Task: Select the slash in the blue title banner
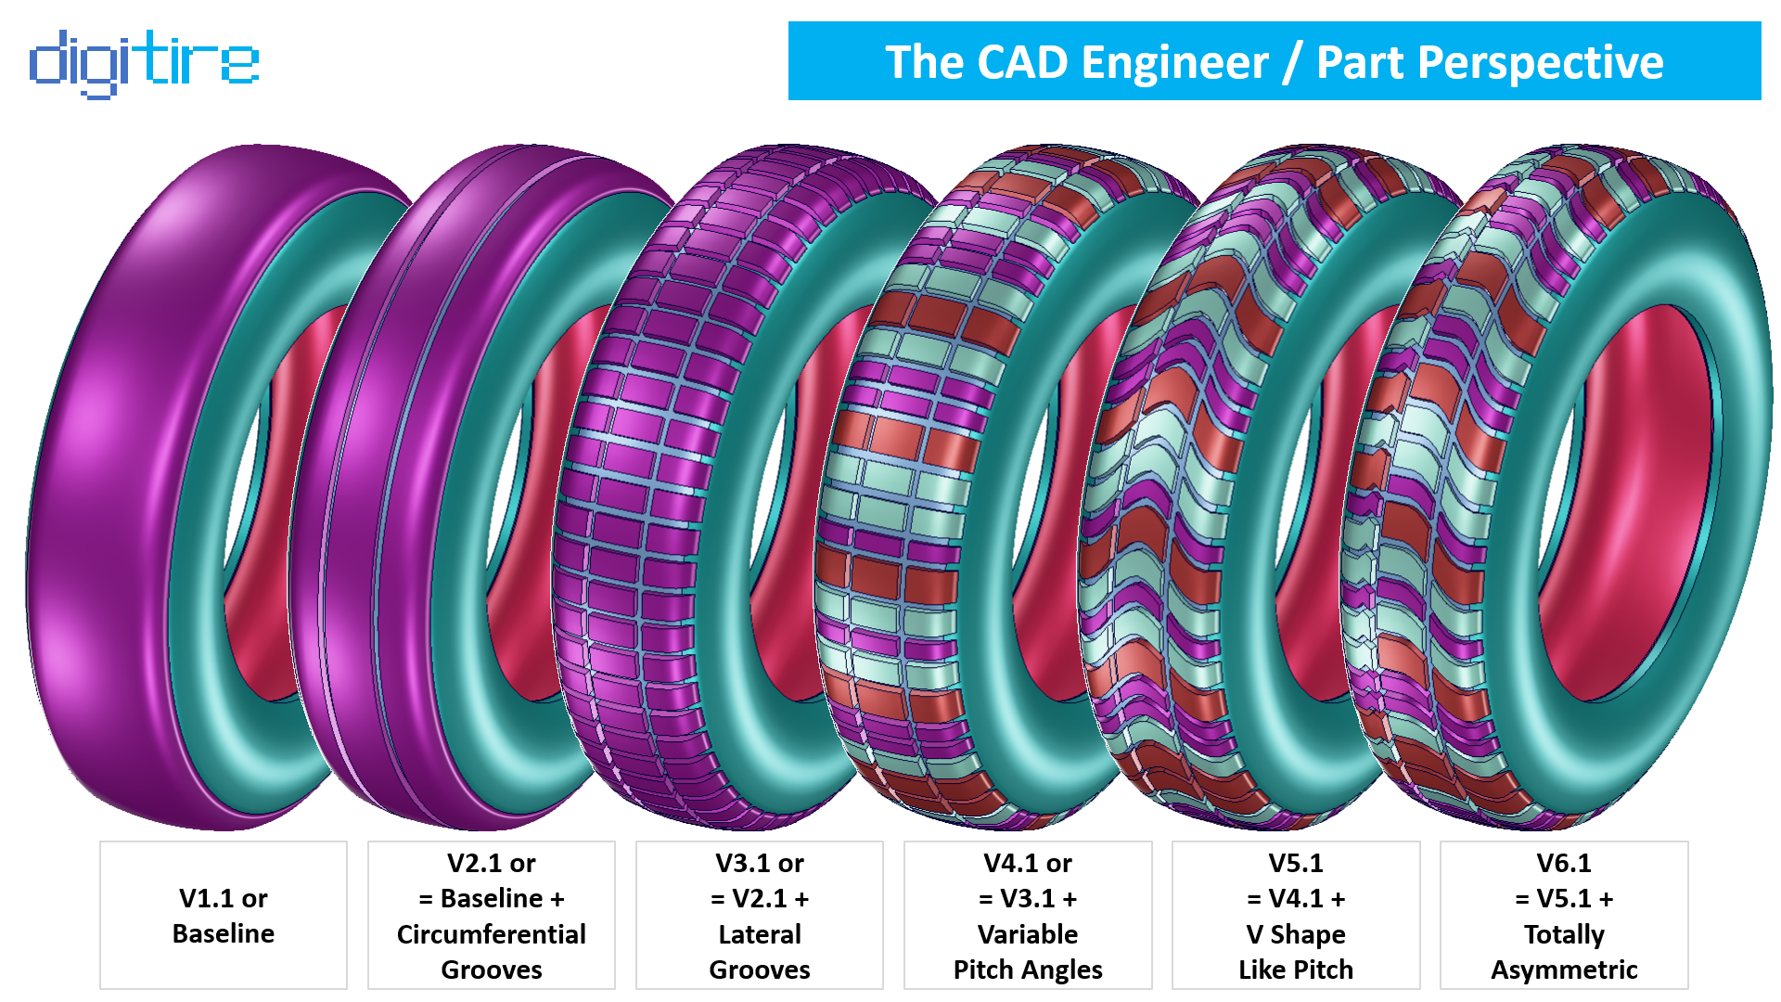pyautogui.click(x=1292, y=63)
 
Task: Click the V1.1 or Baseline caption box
pyautogui.click(x=223, y=915)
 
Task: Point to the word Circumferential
pyautogui.click(x=491, y=933)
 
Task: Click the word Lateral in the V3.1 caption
pyautogui.click(x=759, y=933)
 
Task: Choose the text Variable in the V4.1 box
pyautogui.click(x=1027, y=933)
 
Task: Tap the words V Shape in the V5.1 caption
pyautogui.click(x=1295, y=933)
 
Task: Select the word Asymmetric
pyautogui.click(x=1563, y=970)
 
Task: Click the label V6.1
pyautogui.click(x=1563, y=863)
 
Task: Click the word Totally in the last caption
pyautogui.click(x=1563, y=933)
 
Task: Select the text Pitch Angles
pyautogui.click(x=1027, y=970)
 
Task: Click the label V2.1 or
pyautogui.click(x=491, y=863)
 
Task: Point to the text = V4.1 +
pyautogui.click(x=1295, y=898)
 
